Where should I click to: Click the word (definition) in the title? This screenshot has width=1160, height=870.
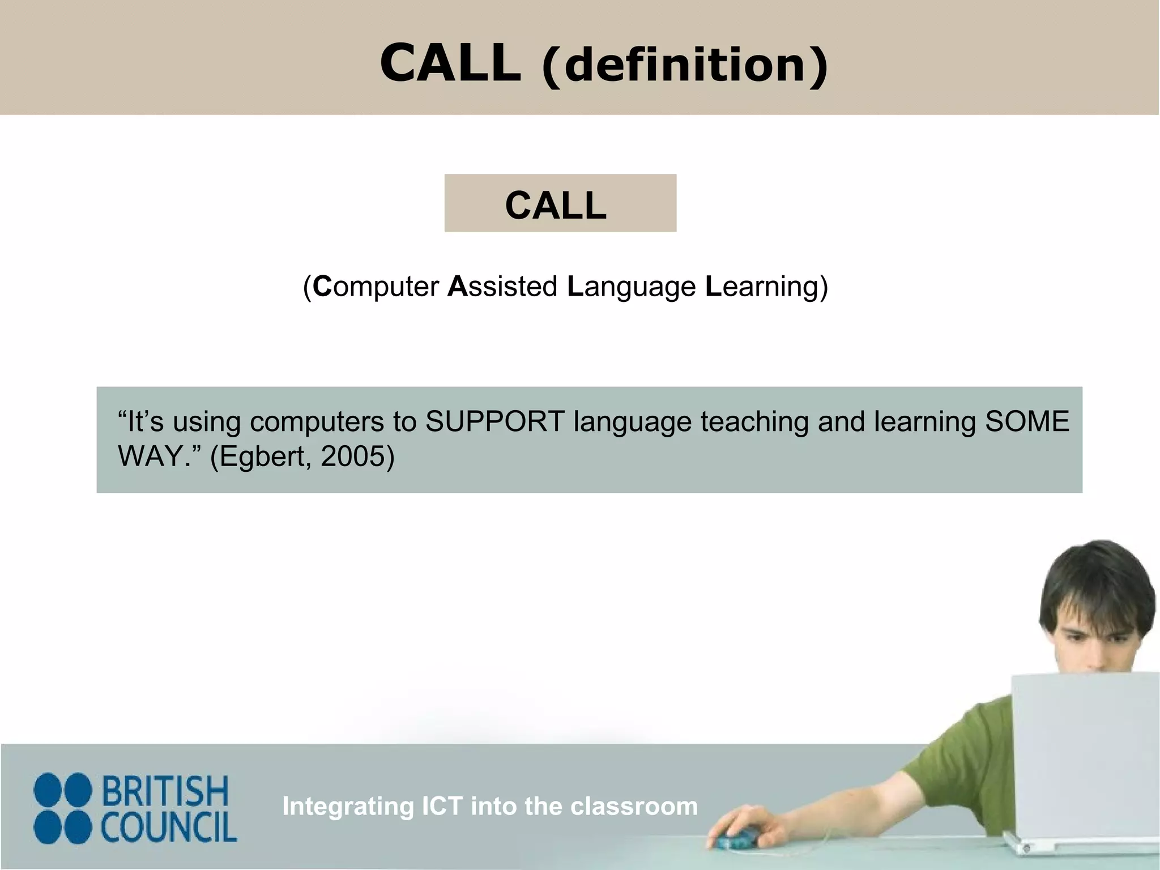click(685, 66)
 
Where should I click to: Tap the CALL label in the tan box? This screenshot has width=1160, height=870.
click(556, 205)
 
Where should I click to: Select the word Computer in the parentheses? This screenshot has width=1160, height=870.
click(376, 287)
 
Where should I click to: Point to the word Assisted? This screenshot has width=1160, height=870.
click(502, 287)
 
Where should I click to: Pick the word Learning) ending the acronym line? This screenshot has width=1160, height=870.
click(766, 287)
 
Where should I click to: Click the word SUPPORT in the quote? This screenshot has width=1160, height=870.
click(495, 422)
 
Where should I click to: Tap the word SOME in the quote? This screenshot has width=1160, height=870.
click(1027, 422)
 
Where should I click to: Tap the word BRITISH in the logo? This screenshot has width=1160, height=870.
click(165, 791)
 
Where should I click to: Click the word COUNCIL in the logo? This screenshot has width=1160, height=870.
click(169, 828)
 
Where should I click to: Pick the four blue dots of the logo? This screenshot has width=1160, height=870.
click(62, 809)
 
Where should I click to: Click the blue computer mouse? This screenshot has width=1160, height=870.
click(737, 837)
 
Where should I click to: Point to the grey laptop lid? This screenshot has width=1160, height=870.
click(1085, 753)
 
